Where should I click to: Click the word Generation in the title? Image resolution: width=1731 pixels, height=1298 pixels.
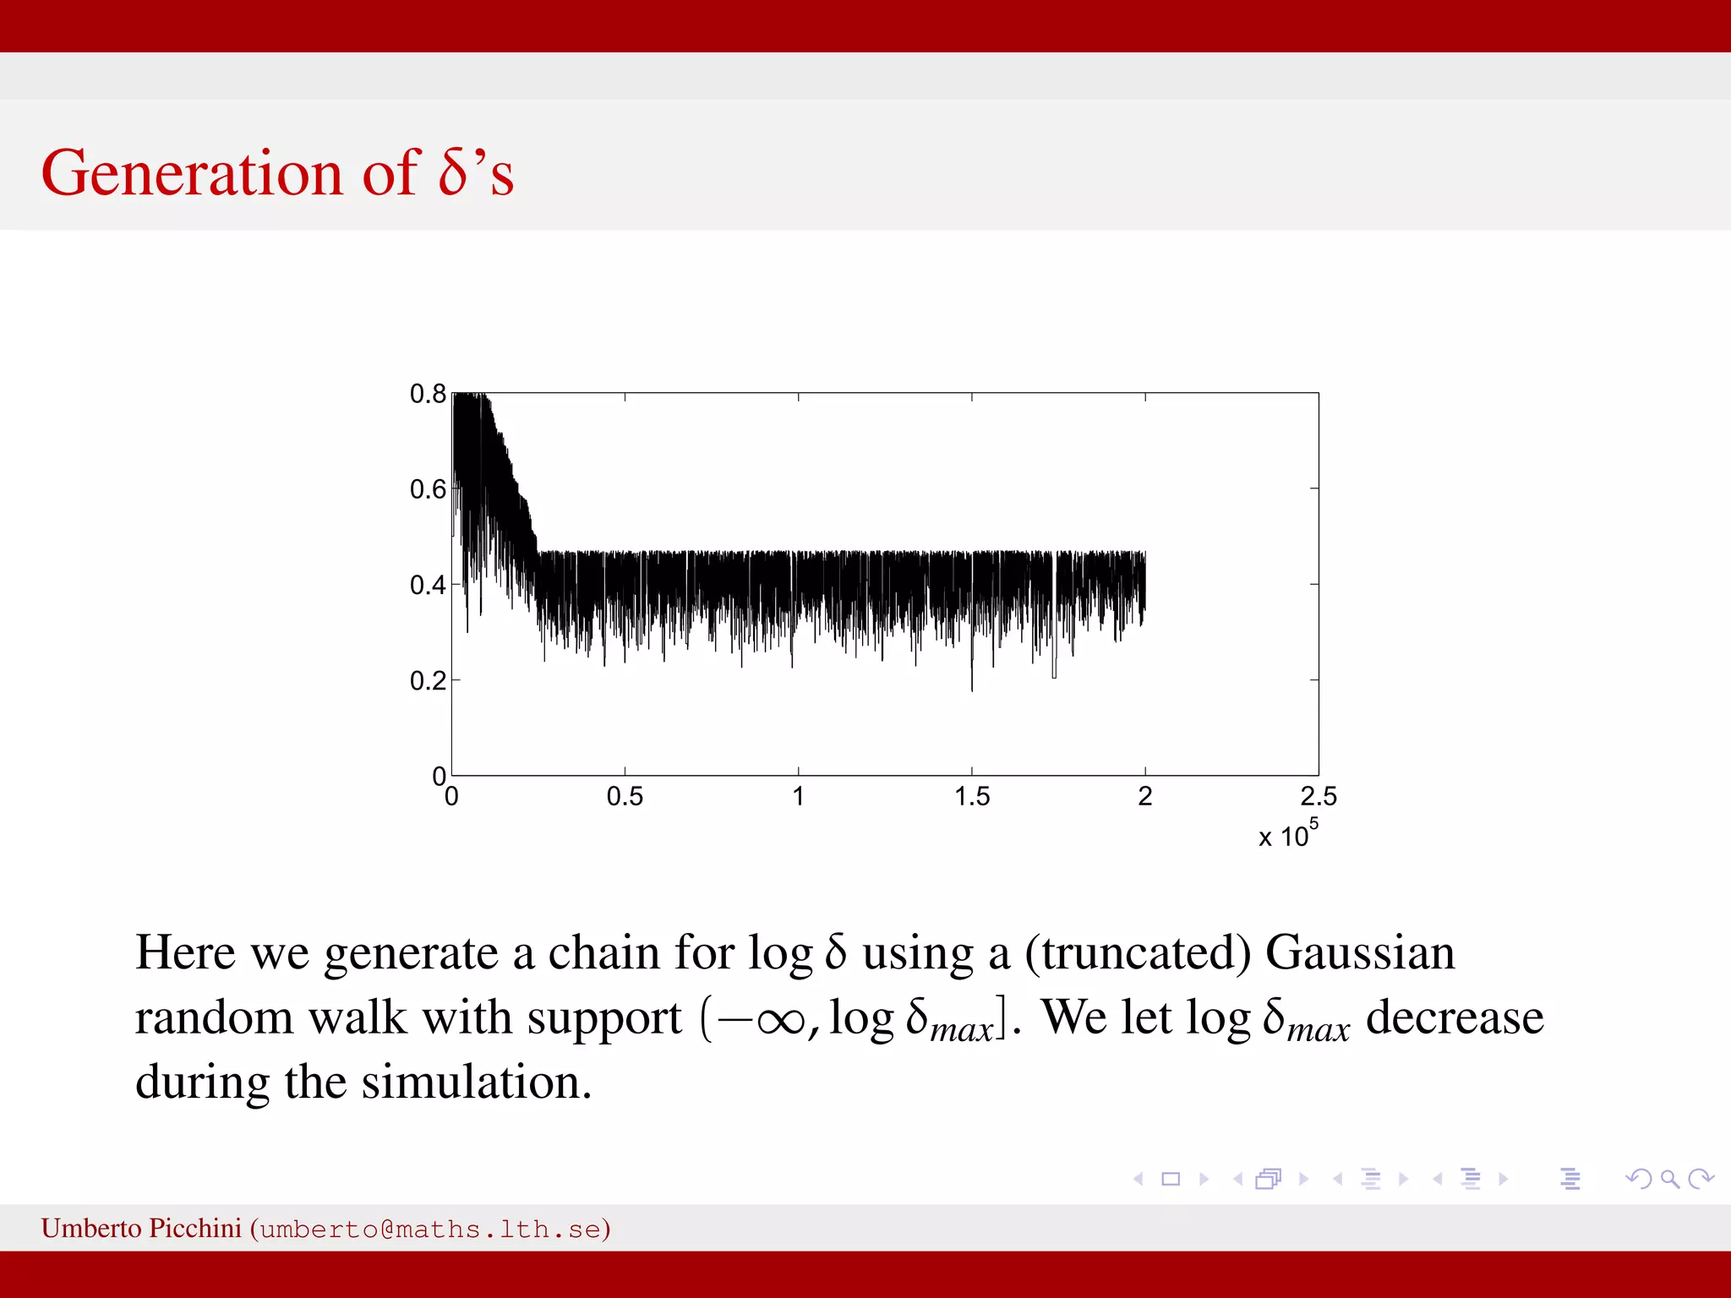192,173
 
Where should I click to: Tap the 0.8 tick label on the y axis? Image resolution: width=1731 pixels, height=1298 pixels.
428,394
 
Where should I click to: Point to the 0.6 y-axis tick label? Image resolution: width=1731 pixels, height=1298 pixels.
428,489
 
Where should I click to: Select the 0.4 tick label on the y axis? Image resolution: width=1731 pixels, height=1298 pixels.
428,585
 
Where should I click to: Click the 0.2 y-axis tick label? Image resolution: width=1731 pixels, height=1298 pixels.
428,680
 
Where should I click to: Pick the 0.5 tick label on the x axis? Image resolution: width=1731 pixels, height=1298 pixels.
625,797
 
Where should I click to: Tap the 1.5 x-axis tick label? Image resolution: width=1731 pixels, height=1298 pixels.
972,797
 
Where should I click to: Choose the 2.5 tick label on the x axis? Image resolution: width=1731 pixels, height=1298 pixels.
1319,797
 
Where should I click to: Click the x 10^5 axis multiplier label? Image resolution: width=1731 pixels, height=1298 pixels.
1287,834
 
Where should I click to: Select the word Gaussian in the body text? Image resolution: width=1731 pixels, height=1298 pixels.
1360,953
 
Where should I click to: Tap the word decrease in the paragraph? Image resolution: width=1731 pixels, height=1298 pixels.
1455,1017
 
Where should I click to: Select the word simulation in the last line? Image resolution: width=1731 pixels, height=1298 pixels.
477,1083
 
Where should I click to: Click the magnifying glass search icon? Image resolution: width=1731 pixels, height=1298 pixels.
1669,1179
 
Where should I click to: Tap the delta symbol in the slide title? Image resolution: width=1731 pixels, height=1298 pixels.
454,173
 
